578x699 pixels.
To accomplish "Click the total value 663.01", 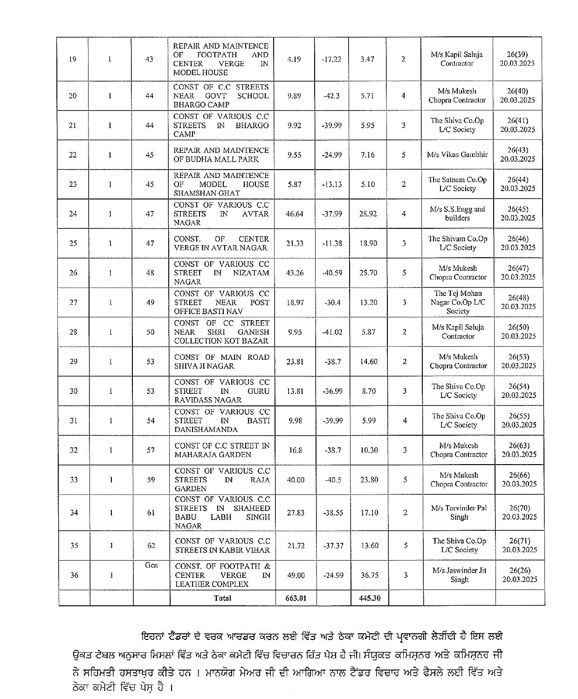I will coord(296,598).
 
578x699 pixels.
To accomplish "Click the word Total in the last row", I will coord(222,598).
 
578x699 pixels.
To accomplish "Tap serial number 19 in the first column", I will coord(73,59).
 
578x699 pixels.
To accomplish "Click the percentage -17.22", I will coord(331,59).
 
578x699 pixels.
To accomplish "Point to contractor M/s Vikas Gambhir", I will coord(457,155).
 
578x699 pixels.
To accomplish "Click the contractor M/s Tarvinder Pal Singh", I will coord(459,513).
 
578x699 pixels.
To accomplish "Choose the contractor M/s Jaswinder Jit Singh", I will coord(460,575).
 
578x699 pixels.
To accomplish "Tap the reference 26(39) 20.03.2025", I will coord(517,59).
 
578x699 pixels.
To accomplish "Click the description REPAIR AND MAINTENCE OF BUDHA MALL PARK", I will coord(221,155).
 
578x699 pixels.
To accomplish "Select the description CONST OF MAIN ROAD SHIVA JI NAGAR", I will coord(222,362).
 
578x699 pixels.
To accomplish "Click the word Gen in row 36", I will coord(151,565).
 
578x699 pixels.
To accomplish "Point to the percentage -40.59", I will coord(332,273).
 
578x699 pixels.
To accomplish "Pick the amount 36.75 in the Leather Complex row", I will coord(369,576).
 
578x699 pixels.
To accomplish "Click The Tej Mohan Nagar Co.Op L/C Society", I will coord(458,302).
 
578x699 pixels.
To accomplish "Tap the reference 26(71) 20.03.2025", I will coord(520,545).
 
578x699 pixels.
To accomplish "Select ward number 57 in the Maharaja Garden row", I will coord(151,450).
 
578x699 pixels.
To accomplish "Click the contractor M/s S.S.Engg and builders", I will coord(457,214).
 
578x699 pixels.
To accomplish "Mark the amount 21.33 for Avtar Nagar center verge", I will coord(295,243).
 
